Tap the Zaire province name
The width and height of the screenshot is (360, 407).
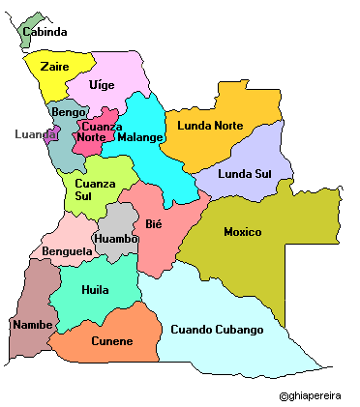click(x=54, y=67)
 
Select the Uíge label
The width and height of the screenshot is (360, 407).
click(x=102, y=85)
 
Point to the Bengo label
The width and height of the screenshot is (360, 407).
click(x=69, y=113)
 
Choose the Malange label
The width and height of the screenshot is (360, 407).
click(x=139, y=137)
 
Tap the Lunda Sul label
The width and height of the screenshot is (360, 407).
click(x=245, y=173)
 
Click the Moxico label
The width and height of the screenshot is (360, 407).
click(x=242, y=232)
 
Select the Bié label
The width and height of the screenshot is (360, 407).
click(x=154, y=224)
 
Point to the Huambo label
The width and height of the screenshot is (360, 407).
click(x=116, y=238)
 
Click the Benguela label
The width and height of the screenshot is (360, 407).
click(x=68, y=251)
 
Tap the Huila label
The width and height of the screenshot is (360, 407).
click(x=95, y=288)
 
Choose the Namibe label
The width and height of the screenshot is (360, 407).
click(x=32, y=324)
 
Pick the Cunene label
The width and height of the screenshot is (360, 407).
click(x=111, y=341)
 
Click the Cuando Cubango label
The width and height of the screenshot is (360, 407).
click(x=217, y=330)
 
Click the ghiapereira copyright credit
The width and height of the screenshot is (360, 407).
click(x=315, y=395)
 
